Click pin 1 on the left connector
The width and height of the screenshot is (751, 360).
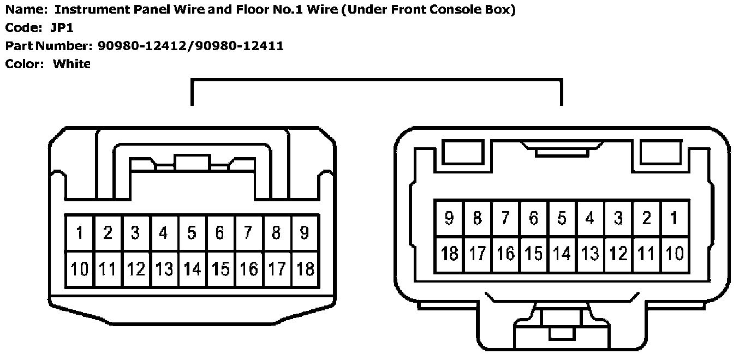point(80,233)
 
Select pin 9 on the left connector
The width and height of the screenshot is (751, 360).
point(305,233)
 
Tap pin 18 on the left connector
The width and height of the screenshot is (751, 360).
point(305,269)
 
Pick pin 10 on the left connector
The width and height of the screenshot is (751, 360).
point(80,269)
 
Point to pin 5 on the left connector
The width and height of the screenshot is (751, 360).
point(192,233)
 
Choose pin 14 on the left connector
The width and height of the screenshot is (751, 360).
point(192,269)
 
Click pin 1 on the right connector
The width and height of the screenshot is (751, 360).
point(675,218)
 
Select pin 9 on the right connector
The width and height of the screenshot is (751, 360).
point(449,218)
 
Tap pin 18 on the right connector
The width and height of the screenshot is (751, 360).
point(449,254)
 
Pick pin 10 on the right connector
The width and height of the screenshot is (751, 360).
point(675,254)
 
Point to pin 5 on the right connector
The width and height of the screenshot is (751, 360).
point(562,218)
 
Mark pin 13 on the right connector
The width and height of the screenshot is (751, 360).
point(590,254)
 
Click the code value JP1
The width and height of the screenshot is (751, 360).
point(62,28)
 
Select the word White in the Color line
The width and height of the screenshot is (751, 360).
point(71,64)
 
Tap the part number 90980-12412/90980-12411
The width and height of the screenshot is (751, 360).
point(190,46)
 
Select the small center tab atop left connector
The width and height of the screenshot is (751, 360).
point(192,162)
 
